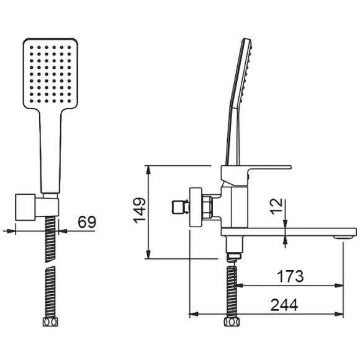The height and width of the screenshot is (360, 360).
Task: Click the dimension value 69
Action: (x=86, y=222)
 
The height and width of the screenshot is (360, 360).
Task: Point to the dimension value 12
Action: (x=276, y=207)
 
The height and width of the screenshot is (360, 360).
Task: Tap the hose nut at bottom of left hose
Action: (x=50, y=322)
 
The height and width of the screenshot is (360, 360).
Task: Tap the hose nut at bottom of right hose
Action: (x=232, y=322)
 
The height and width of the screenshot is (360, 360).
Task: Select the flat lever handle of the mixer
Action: (x=261, y=168)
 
